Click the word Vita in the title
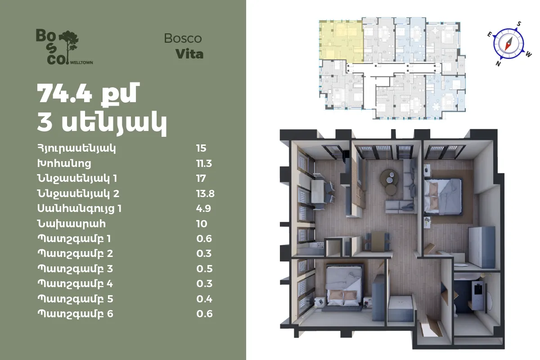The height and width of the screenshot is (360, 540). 189,54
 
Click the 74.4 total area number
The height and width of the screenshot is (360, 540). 65,93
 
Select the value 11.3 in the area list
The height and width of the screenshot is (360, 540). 204,163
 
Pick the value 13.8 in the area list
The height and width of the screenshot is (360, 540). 205,193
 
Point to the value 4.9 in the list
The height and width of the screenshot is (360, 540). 203,208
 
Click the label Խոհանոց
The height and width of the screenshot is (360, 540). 64,163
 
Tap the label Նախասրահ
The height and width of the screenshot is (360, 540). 72,224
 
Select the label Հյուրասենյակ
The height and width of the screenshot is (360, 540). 76,148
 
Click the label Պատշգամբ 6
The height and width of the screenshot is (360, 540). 75,314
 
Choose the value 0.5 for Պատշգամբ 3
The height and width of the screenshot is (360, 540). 204,269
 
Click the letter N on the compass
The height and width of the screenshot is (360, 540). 498,63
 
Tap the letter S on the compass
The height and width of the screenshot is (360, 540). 519,24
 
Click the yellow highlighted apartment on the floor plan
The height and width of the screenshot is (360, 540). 342,41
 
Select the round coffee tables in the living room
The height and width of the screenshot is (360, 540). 389,181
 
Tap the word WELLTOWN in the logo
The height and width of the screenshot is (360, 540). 81,63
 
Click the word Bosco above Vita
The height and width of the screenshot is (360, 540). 183,38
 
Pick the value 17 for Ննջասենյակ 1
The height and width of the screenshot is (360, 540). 201,179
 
